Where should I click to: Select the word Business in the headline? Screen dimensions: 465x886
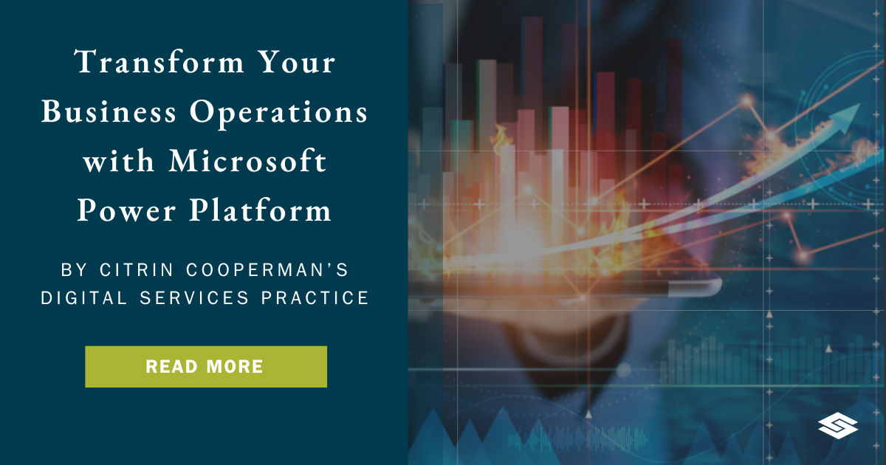pyautogui.click(x=109, y=113)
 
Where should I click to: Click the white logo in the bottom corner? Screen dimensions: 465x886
pyautogui.click(x=838, y=426)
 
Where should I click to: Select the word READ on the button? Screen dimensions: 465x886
pyautogui.click(x=171, y=367)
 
